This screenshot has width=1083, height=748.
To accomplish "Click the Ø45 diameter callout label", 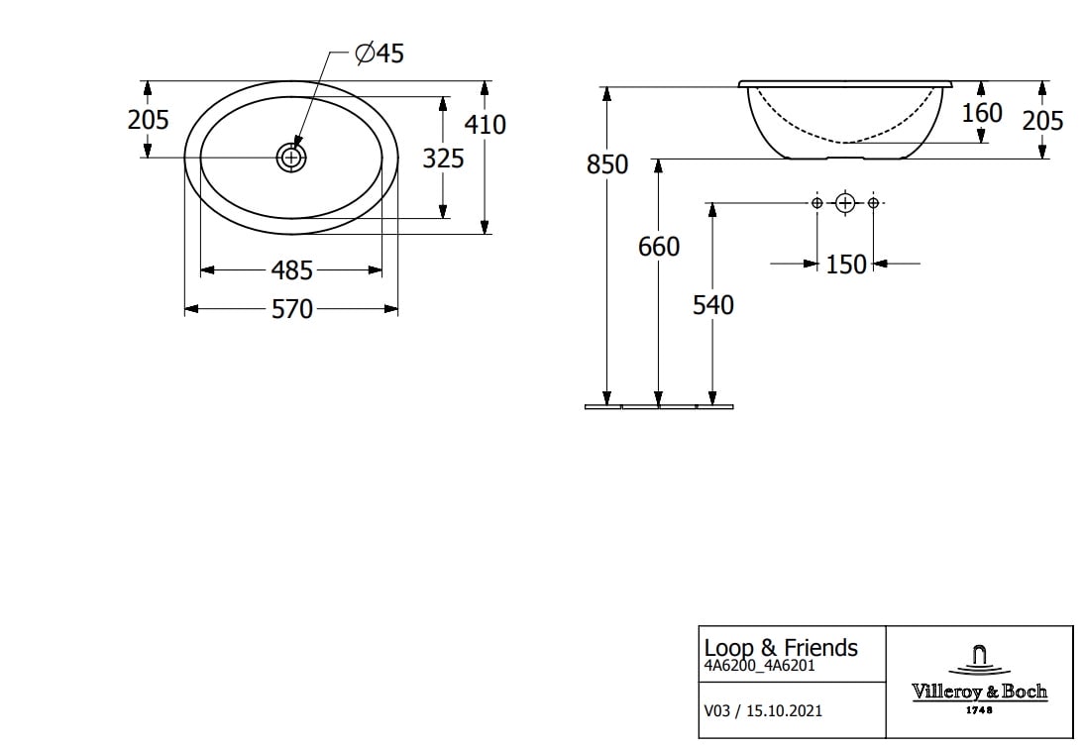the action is pyautogui.click(x=379, y=53).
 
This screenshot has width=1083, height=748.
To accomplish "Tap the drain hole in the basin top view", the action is pyautogui.click(x=291, y=159).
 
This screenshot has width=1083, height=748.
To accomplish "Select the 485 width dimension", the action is pyautogui.click(x=291, y=270).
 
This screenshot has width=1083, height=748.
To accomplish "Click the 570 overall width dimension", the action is pyautogui.click(x=292, y=309).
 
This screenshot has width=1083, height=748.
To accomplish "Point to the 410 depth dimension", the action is pyautogui.click(x=485, y=124).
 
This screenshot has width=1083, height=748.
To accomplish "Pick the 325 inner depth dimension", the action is pyautogui.click(x=443, y=159).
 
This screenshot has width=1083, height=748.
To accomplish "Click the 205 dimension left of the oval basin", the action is pyautogui.click(x=148, y=120).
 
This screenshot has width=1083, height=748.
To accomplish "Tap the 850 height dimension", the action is pyautogui.click(x=607, y=164).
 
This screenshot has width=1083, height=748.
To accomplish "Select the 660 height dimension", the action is pyautogui.click(x=659, y=247).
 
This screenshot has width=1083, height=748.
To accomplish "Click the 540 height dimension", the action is pyautogui.click(x=712, y=304).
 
